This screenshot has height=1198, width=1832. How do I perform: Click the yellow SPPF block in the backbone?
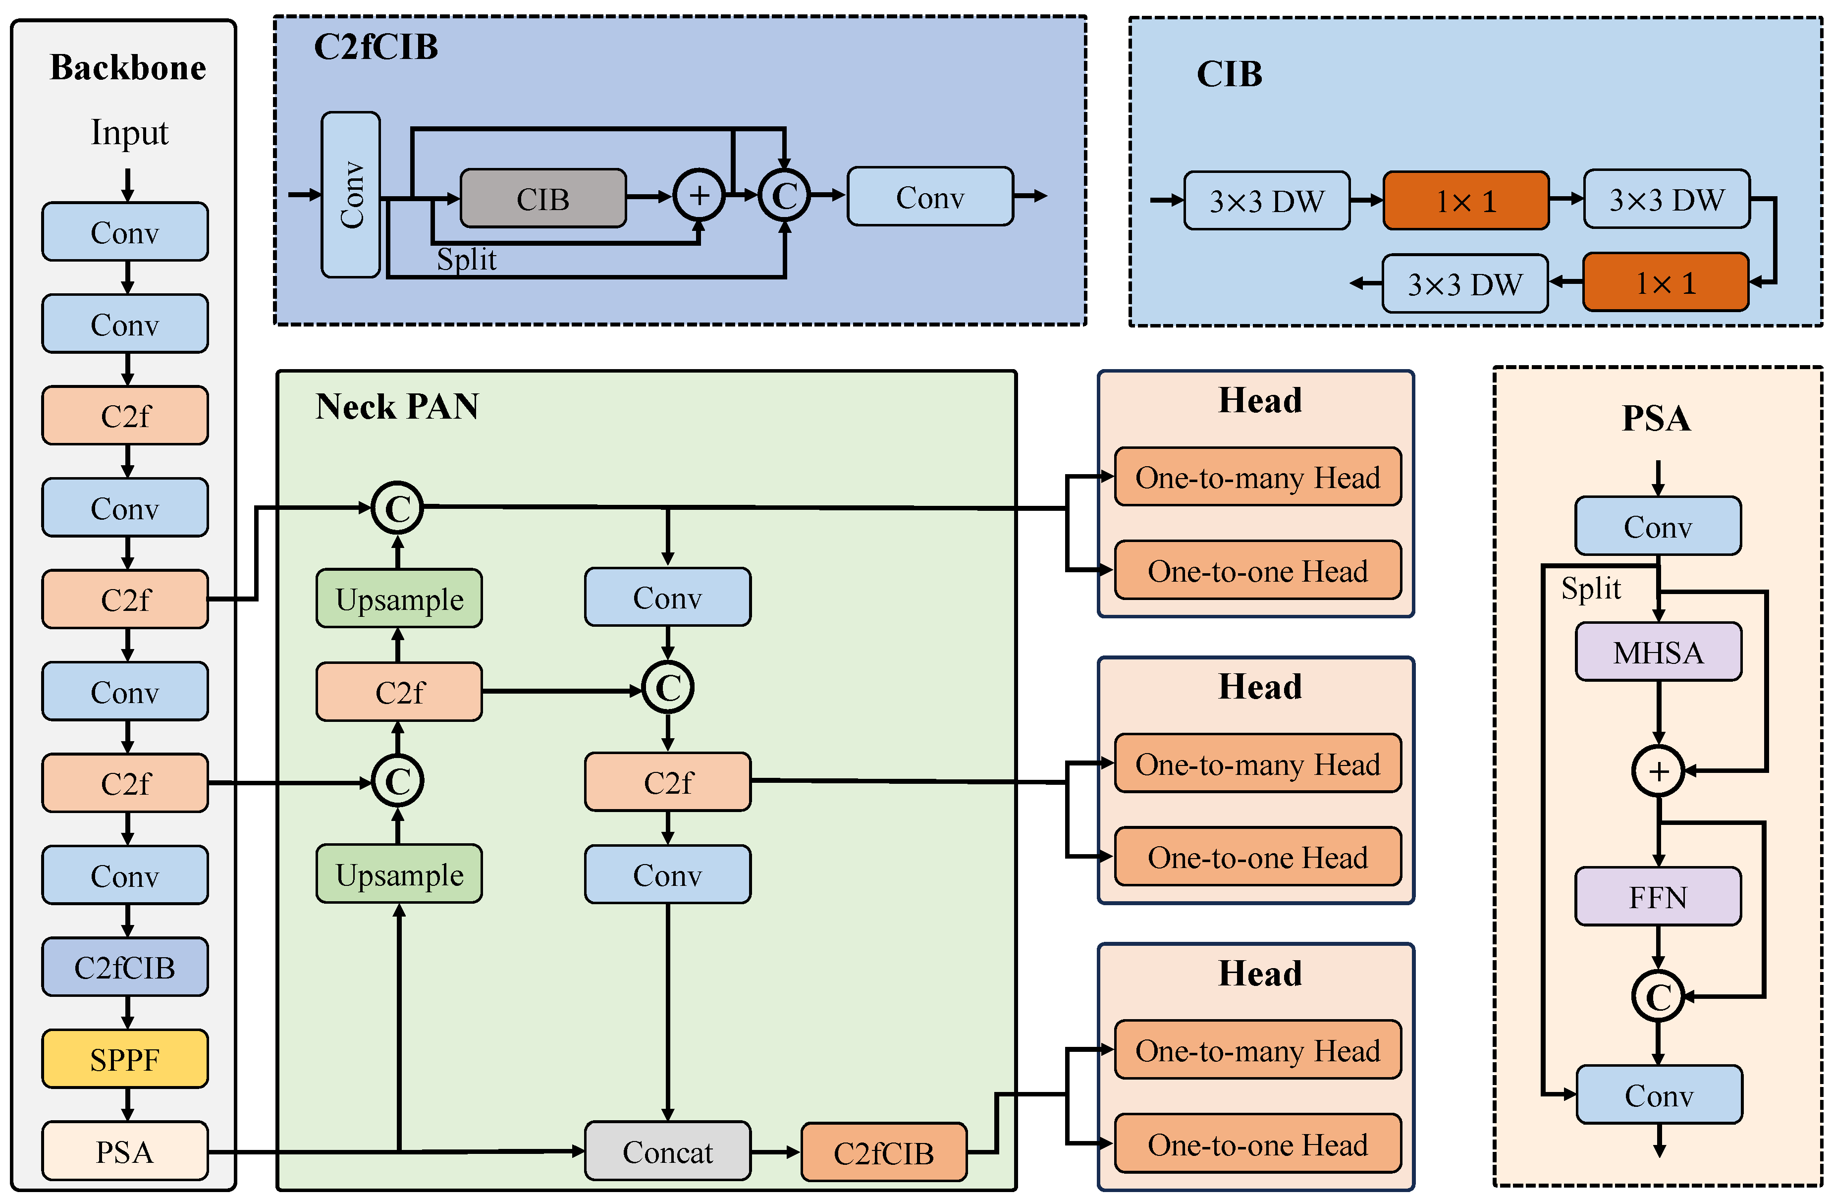(125, 1059)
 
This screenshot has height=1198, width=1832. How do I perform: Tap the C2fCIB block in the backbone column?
(125, 967)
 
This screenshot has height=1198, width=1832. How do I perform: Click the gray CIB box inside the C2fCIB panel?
(542, 199)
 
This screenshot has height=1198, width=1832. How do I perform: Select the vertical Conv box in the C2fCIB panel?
(351, 195)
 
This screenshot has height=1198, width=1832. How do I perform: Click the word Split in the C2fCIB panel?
(467, 260)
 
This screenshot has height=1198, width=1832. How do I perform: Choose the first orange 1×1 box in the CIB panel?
(1465, 201)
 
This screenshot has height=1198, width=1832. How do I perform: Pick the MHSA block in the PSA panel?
(1658, 652)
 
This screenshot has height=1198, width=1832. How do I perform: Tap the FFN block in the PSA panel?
(1658, 897)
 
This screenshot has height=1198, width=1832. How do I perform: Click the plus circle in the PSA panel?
(1658, 771)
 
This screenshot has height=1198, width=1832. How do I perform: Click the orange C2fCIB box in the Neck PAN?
(884, 1152)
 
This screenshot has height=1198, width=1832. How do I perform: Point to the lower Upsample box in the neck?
(399, 874)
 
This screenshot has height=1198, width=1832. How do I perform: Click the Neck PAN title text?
(397, 406)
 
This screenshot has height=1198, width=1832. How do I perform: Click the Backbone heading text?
(128, 68)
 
